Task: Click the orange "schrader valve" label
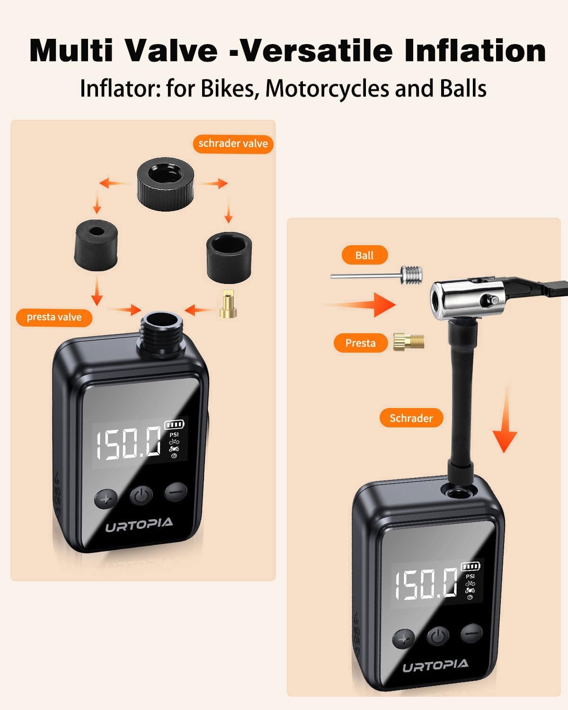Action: tap(233, 143)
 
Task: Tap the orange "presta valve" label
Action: tap(54, 317)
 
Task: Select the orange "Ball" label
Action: tap(364, 255)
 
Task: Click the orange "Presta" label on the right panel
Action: tap(360, 343)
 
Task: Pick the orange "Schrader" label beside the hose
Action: tap(411, 418)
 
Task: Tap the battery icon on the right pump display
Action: tap(470, 567)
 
